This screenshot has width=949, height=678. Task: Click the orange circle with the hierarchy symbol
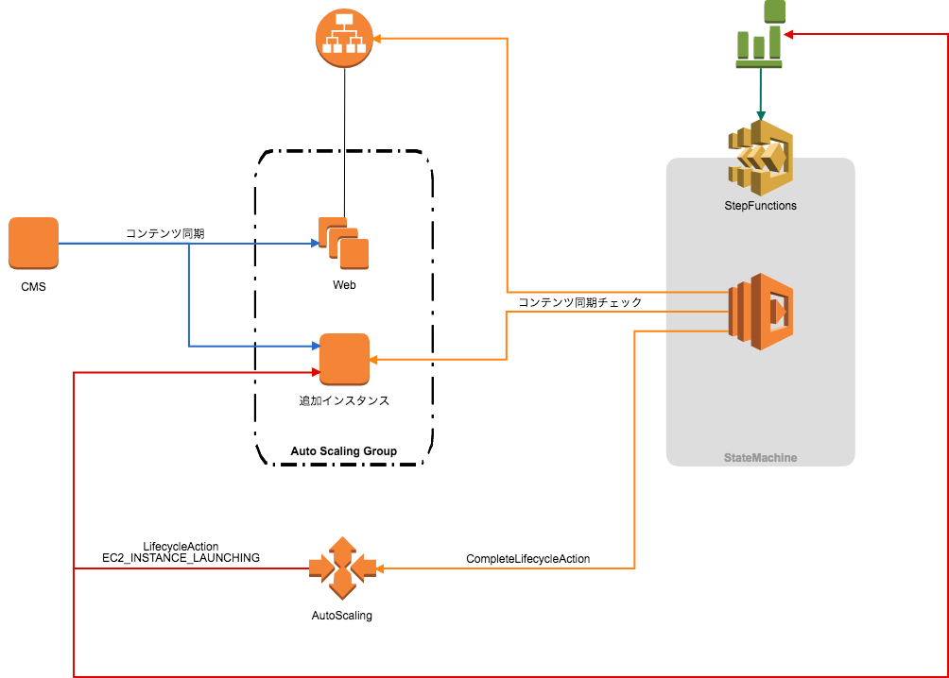pos(344,39)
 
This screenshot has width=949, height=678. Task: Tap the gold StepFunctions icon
pos(760,157)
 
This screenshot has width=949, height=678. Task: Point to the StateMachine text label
pos(760,458)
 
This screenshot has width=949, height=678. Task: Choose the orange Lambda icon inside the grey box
pos(760,312)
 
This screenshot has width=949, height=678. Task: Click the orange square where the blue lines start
pos(33,243)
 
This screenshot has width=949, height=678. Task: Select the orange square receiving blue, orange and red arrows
pos(344,359)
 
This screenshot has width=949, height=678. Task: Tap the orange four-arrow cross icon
pos(342,568)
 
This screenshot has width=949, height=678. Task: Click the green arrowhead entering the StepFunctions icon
pos(760,115)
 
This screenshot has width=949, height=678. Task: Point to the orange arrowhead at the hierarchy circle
pos(376,39)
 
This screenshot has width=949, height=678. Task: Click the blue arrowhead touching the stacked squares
pos(315,244)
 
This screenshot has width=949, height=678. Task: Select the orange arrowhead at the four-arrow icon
pos(381,568)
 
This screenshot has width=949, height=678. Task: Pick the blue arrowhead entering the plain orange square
pos(315,347)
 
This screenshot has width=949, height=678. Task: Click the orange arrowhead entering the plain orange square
pos(373,360)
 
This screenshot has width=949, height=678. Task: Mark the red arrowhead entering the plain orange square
pos(315,372)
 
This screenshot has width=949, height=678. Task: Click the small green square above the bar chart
pos(774,10)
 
